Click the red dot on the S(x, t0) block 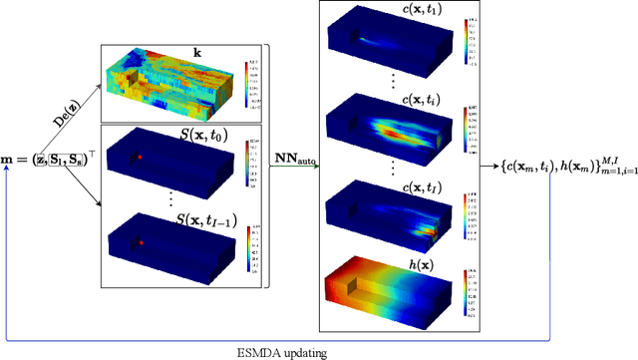[x=141, y=158]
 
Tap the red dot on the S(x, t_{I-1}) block [x=142, y=242]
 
